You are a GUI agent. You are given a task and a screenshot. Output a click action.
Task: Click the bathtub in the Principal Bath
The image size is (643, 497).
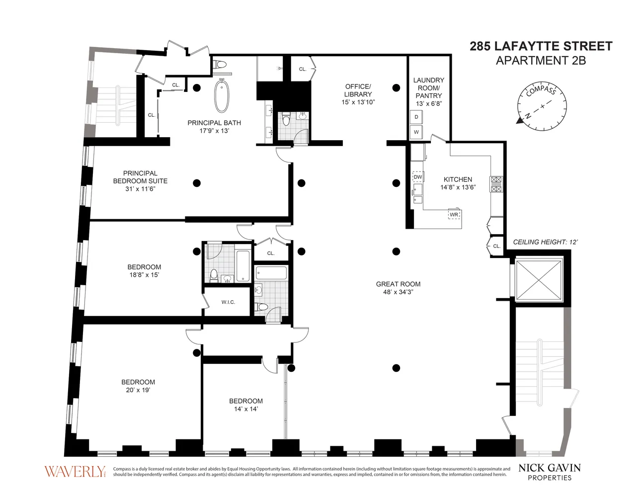(x=222, y=96)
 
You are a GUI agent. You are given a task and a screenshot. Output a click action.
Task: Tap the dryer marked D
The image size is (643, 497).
(x=416, y=117)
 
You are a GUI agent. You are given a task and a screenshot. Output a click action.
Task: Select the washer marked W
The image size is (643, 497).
(x=416, y=132)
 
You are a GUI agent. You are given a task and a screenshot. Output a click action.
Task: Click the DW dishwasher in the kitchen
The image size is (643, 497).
(x=418, y=177)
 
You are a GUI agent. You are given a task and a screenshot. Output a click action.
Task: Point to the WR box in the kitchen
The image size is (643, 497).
(x=454, y=215)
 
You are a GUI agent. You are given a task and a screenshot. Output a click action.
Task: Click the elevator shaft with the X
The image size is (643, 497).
(x=538, y=280)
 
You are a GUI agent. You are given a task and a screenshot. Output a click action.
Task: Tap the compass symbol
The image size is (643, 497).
(x=542, y=106)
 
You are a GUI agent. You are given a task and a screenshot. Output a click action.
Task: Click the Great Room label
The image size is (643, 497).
(x=398, y=284)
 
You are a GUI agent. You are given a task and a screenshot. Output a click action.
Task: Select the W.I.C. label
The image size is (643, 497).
(x=228, y=302)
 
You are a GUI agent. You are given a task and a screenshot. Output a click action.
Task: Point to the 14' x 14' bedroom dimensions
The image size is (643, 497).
(x=246, y=409)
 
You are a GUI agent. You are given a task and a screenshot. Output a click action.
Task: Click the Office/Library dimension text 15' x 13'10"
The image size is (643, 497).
(x=358, y=102)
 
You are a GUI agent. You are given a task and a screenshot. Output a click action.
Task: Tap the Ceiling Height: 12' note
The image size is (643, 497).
(x=545, y=242)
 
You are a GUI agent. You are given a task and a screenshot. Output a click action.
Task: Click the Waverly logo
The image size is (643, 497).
(x=75, y=472)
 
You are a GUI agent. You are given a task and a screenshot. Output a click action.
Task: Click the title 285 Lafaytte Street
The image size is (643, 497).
(x=541, y=46)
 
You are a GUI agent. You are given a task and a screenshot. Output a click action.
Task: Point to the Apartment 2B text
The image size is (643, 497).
(x=541, y=60)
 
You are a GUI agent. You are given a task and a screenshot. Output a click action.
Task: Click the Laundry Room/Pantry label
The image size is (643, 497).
(x=429, y=88)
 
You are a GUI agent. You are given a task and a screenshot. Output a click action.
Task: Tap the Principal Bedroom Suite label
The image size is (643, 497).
(x=140, y=177)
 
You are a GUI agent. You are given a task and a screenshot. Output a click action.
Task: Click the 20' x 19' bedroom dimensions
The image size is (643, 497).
(x=138, y=390)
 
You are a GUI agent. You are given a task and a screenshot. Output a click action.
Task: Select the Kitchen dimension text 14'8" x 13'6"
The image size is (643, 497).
(x=458, y=187)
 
